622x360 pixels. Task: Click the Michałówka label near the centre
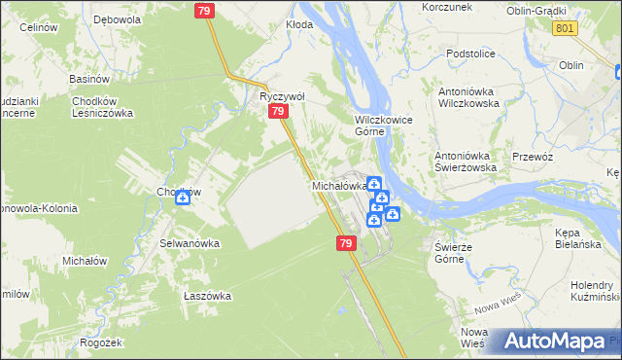(x=338, y=185)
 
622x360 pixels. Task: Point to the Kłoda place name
(x=299, y=24)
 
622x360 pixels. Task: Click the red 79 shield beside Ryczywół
(x=278, y=113)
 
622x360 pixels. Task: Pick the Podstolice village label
(x=471, y=54)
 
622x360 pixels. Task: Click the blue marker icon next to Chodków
(x=182, y=198)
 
